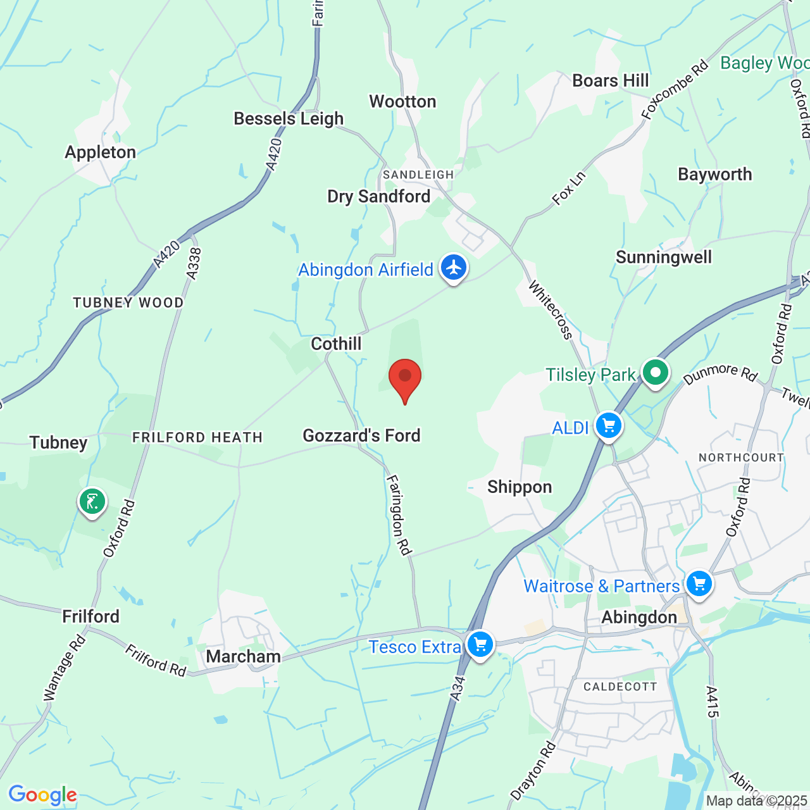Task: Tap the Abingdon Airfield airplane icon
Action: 454,267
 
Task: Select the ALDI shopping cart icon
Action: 609,426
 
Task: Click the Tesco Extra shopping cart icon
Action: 480,645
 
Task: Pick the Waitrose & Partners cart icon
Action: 699,583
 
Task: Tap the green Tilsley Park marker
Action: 655,372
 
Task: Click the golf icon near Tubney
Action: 92,502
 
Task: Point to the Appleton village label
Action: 101,153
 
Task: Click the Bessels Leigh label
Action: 289,119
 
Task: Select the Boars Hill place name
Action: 611,81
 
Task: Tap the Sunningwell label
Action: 664,258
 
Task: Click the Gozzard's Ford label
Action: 361,436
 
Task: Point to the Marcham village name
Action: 244,657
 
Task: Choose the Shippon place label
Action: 520,487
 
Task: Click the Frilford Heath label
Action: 197,438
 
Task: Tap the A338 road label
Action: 194,263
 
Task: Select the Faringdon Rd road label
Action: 399,515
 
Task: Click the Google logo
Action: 42,795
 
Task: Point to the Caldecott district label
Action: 620,687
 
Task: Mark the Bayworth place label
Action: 715,175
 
